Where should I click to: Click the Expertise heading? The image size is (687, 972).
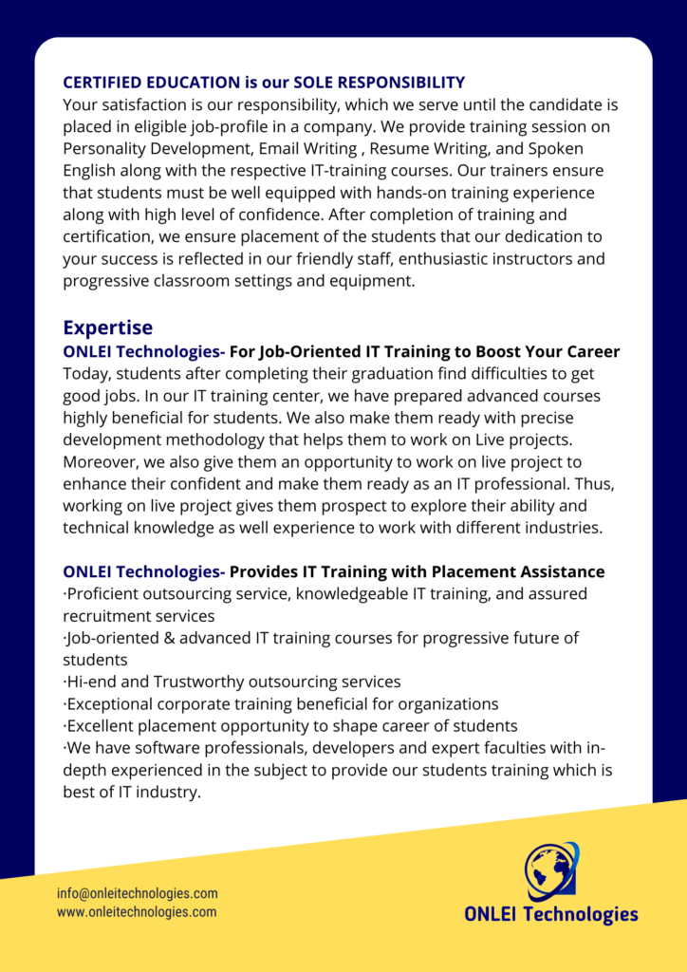(x=107, y=327)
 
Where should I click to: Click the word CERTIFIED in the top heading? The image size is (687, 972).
(x=103, y=83)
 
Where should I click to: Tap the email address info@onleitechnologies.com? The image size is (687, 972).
(x=138, y=893)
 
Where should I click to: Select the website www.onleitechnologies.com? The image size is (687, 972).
(x=137, y=912)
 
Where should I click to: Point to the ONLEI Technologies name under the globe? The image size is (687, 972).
(x=551, y=915)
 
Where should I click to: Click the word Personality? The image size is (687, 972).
(x=105, y=149)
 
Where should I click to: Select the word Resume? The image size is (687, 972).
(x=401, y=149)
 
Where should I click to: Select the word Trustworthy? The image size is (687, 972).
(x=198, y=682)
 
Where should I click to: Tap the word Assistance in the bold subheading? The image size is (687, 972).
(x=561, y=571)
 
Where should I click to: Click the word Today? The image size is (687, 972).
(x=87, y=373)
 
